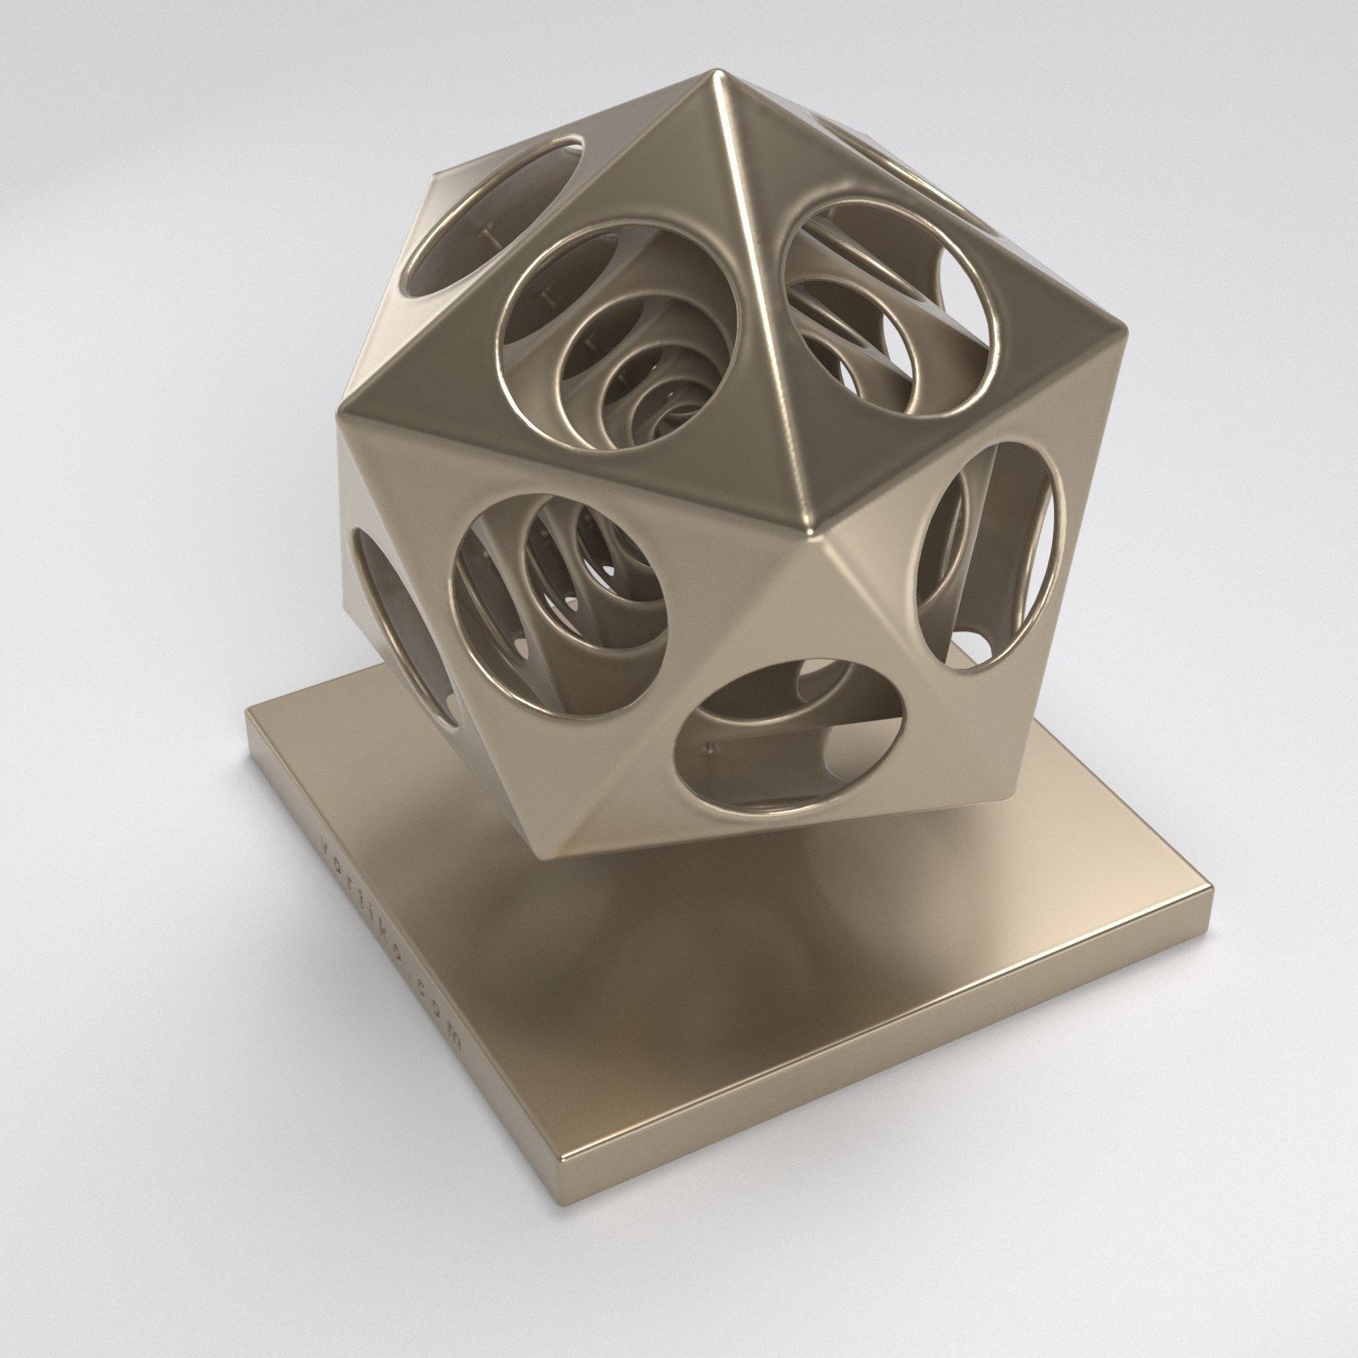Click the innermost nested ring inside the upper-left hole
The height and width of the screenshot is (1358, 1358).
(671, 399)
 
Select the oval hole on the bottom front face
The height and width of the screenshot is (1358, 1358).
(798, 721)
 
